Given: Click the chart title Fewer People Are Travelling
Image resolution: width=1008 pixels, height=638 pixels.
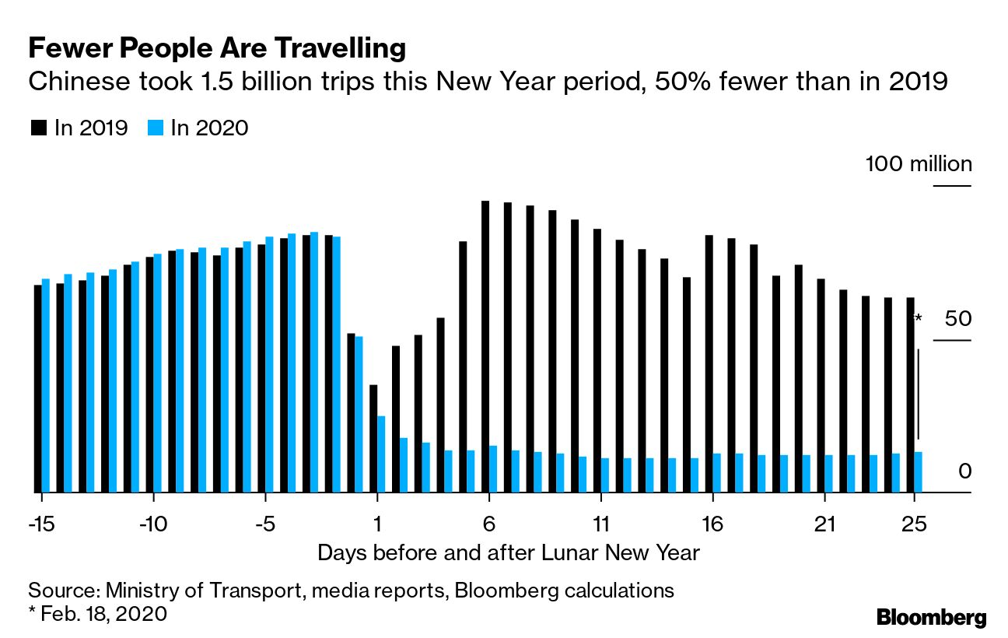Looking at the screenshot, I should [x=216, y=49].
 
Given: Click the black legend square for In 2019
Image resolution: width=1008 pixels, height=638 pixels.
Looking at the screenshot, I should [x=38, y=128].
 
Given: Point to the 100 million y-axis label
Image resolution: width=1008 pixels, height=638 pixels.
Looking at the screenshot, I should [x=919, y=164].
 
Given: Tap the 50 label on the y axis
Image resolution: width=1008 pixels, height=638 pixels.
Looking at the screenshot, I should [x=958, y=318].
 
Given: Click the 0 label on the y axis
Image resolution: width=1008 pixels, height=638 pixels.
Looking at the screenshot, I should [x=964, y=471].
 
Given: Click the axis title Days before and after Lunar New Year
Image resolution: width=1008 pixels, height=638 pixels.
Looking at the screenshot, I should [x=509, y=553].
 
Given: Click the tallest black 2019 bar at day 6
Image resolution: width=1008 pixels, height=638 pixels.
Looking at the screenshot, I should [x=485, y=346].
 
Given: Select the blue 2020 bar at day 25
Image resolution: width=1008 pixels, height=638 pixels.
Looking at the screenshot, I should [x=919, y=471].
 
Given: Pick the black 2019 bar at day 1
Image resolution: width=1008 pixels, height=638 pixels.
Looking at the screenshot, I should [x=373, y=438].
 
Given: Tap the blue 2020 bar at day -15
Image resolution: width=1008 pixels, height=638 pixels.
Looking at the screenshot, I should [x=45, y=385].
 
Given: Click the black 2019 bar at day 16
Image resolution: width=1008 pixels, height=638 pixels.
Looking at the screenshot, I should [x=709, y=363].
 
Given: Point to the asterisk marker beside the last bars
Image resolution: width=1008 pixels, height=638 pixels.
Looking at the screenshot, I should [x=918, y=320].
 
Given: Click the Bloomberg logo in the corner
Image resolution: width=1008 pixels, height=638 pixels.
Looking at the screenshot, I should [x=931, y=619].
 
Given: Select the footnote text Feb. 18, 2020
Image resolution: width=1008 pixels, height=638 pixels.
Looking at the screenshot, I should [x=103, y=613].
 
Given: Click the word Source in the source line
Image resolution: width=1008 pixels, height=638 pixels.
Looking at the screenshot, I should [x=59, y=590].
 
